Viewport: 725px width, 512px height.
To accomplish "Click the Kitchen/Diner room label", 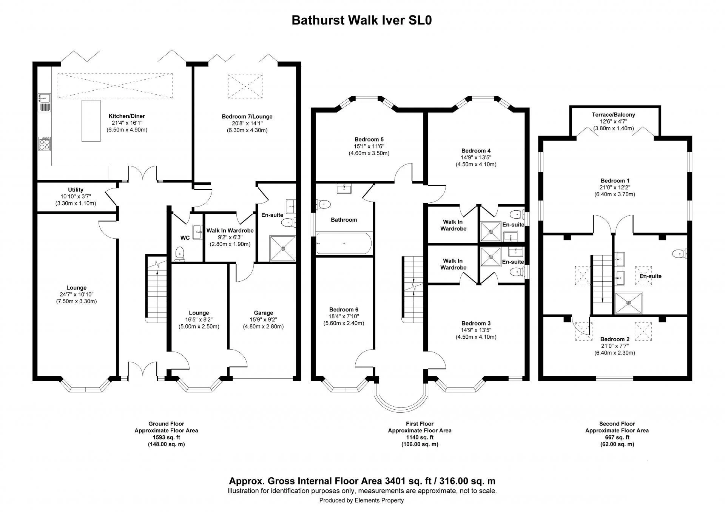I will click(126, 116).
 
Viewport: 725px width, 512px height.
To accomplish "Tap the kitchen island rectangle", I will click(91, 121).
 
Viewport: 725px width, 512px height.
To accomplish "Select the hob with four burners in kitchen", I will click(44, 143).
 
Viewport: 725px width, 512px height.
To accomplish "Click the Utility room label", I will click(76, 190).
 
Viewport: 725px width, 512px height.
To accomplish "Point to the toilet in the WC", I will click(180, 253).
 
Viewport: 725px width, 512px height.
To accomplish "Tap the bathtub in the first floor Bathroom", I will click(344, 244).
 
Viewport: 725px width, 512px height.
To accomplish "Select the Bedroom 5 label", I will click(369, 139).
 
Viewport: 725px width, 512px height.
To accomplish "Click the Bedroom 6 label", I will click(343, 309).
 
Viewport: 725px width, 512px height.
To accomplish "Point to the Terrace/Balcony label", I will click(613, 114).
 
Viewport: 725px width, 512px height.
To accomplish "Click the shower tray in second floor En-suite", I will click(628, 303).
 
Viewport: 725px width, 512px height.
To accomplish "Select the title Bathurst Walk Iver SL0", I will click(362, 20).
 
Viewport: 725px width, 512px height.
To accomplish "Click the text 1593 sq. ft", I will click(166, 437).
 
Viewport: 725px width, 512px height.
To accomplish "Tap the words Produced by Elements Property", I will click(361, 500).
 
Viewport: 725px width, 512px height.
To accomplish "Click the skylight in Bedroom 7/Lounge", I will click(245, 86).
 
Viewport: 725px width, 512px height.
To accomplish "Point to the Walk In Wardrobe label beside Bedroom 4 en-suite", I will click(453, 225).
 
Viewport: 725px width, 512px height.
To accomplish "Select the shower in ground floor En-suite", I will click(282, 248).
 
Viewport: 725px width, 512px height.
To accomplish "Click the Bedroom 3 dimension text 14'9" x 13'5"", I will click(476, 330).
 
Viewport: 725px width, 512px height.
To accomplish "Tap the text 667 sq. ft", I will click(617, 437).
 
